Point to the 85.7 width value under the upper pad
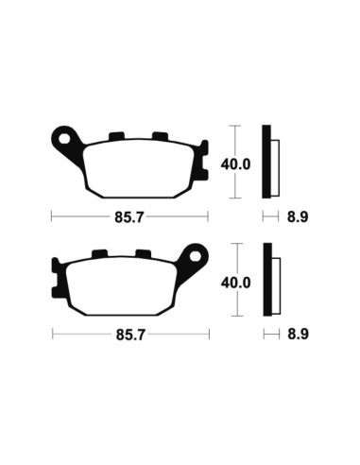click(x=129, y=215)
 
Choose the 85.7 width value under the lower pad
click(x=129, y=335)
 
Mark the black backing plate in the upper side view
click(x=267, y=162)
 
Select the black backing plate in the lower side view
click(x=267, y=281)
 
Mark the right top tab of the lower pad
click(x=143, y=254)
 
